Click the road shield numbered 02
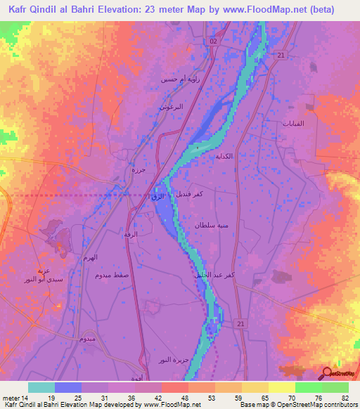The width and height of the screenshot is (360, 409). (214, 42)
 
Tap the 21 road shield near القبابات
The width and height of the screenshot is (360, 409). (281, 55)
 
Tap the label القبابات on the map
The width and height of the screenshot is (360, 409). (292, 124)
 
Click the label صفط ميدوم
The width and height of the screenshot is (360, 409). (112, 275)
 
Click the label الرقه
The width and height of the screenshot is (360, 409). (131, 233)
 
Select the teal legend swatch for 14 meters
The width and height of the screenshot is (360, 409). (41, 387)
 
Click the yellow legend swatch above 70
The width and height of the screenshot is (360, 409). (281, 387)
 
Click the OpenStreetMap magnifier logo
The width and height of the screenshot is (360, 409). (326, 373)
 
